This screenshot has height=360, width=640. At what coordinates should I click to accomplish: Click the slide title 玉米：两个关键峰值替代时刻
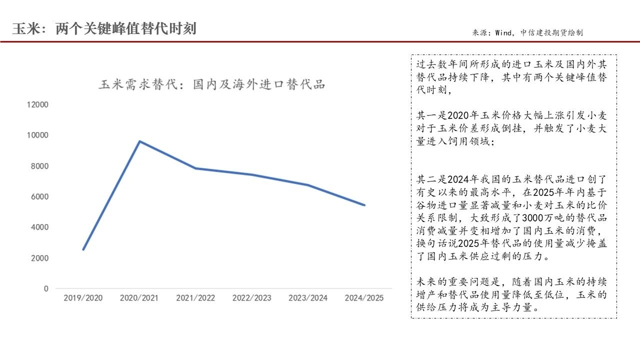click(104, 28)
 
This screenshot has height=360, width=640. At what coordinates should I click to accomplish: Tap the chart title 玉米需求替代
click(211, 84)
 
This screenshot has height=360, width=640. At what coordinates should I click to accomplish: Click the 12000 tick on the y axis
click(37, 104)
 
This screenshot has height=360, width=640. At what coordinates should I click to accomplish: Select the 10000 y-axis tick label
click(37, 135)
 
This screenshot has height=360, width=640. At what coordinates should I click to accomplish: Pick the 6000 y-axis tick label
click(39, 196)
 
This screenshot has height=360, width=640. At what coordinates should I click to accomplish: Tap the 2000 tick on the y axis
click(39, 258)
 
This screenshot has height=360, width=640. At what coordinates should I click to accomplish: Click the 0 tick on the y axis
click(46, 288)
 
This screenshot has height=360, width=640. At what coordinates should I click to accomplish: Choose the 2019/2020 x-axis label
click(83, 298)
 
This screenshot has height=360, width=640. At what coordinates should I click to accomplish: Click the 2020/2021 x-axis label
click(139, 298)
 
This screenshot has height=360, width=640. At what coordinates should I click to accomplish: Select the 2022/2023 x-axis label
click(251, 298)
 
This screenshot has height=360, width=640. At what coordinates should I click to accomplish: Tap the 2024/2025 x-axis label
click(364, 298)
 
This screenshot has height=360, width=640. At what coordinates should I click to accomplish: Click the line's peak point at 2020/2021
click(139, 141)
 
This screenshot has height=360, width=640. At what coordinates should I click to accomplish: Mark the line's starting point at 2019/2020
click(83, 249)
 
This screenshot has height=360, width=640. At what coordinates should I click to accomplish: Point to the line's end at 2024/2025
click(364, 205)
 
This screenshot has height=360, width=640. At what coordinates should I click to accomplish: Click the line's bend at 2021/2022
click(195, 168)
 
